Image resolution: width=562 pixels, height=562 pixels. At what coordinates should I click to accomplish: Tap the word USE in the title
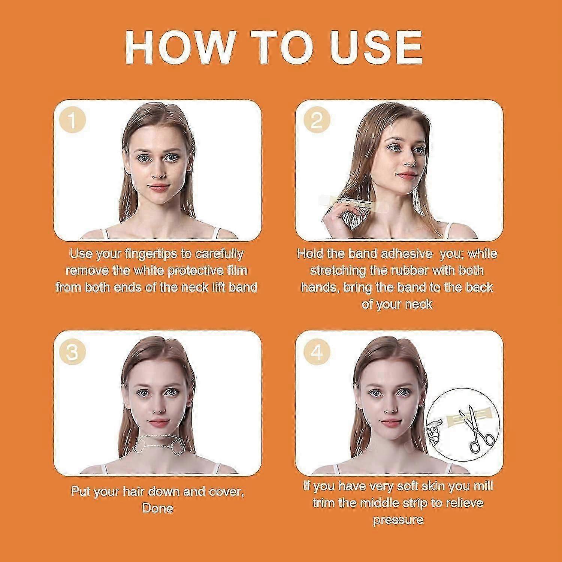pos(376,48)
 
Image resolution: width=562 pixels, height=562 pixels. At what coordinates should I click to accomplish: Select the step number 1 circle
pos(73,120)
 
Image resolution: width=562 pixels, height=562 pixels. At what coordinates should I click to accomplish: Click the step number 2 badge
pos(317,120)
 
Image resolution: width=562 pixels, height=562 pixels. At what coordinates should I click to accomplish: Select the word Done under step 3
pos(157,508)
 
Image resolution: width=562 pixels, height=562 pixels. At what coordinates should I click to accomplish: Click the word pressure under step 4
pos(398,520)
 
